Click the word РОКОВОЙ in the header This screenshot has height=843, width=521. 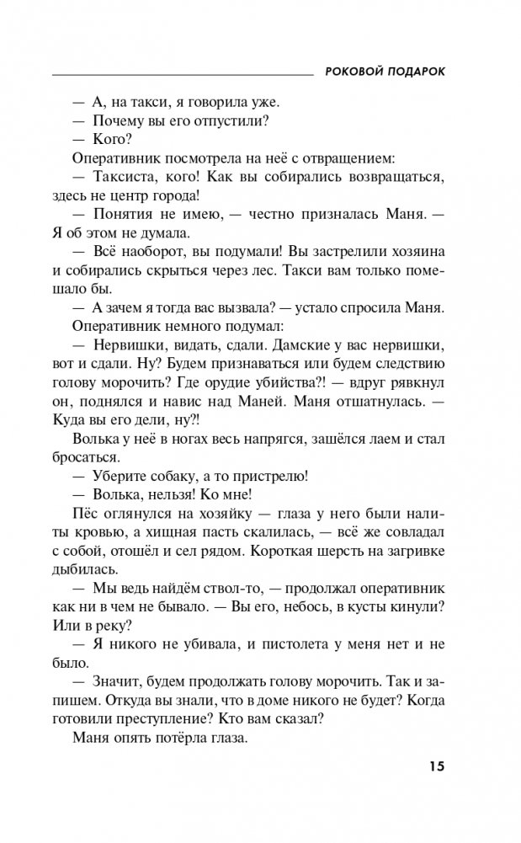354,72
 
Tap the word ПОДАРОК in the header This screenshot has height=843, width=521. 416,72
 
